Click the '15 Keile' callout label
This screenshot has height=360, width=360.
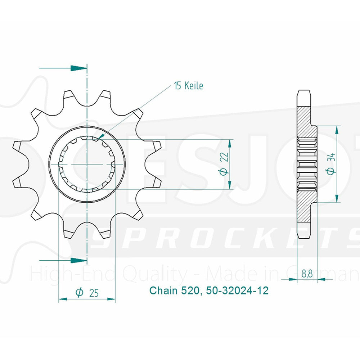tap(189, 86)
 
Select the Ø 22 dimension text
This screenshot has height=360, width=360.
tap(224, 164)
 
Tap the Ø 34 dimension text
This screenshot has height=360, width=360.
tap(332, 164)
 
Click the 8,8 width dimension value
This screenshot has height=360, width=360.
tap(306, 274)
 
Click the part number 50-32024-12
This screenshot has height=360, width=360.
tap(237, 290)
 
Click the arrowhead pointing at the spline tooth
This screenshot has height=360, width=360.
tap(100, 136)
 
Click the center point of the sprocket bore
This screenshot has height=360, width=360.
tap(87, 164)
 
